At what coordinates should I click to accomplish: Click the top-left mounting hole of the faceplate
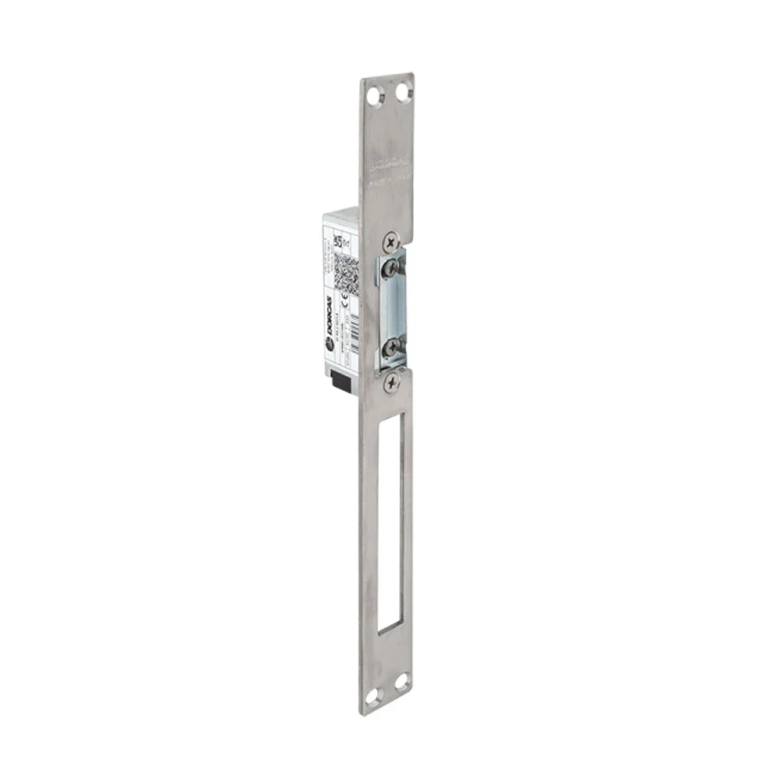click(x=374, y=97)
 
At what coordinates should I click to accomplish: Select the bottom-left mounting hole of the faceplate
click(x=374, y=696)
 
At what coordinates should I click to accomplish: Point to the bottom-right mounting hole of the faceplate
click(x=401, y=681)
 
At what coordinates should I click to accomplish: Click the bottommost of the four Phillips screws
click(x=392, y=382)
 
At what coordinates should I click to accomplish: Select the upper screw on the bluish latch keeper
click(x=392, y=268)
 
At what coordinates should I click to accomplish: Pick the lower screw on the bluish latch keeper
click(x=391, y=347)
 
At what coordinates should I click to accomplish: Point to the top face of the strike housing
click(x=341, y=213)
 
